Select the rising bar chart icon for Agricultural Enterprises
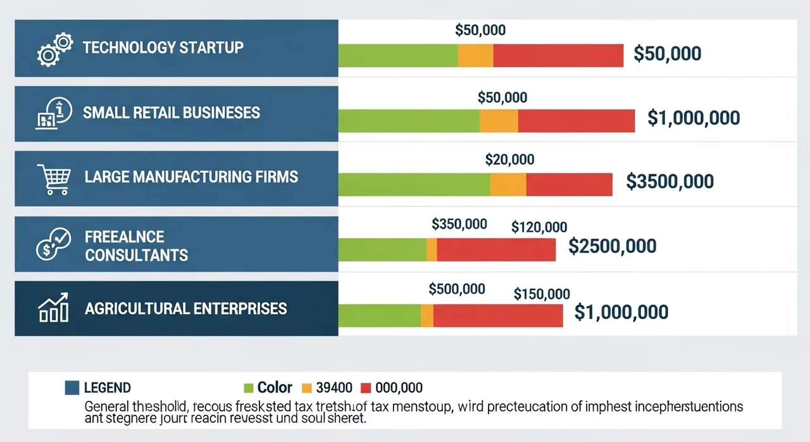click(x=53, y=308)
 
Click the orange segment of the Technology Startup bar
click(x=475, y=56)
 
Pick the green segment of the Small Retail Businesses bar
click(x=409, y=121)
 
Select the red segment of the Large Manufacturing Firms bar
click(x=569, y=184)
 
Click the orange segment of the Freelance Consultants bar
click(x=432, y=249)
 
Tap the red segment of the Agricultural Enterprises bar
click(x=498, y=315)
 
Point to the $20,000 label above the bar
click(x=509, y=160)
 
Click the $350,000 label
click(x=459, y=224)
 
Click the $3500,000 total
click(x=670, y=182)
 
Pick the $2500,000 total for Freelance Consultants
click(x=612, y=246)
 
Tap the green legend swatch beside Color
click(x=248, y=387)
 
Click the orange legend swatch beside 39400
click(x=308, y=387)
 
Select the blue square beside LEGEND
click(x=72, y=387)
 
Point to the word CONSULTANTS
click(x=137, y=255)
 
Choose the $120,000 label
click(x=539, y=227)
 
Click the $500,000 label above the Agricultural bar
click(x=457, y=289)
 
